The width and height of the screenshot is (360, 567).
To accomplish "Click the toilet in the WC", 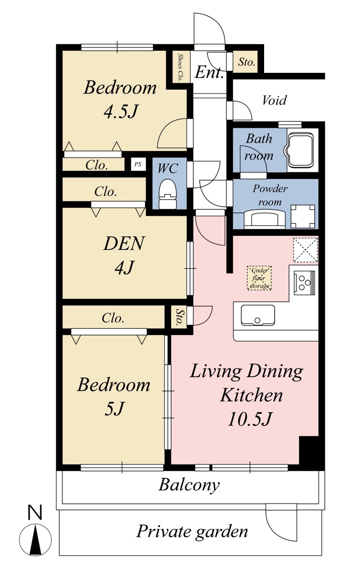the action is click(x=167, y=194).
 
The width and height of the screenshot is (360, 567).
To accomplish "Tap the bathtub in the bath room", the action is click(x=300, y=151).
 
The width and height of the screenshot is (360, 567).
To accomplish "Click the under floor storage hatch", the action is click(x=259, y=278).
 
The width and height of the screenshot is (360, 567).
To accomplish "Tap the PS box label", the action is click(x=138, y=164).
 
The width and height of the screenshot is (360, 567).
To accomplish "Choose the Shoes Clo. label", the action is click(x=180, y=67).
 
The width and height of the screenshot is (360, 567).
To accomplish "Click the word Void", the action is click(x=274, y=100).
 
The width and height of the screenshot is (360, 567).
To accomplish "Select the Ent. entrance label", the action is click(x=209, y=73).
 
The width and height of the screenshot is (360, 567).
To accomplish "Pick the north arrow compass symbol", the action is click(x=35, y=539).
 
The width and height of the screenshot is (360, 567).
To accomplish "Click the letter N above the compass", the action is click(x=35, y=512).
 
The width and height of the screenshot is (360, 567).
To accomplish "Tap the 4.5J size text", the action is click(x=121, y=112).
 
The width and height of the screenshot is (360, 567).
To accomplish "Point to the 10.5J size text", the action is click(x=250, y=419).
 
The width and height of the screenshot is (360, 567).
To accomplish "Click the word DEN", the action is click(x=124, y=243).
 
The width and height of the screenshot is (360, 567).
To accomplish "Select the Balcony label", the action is click(x=189, y=485).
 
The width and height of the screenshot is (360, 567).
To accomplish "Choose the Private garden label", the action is click(x=192, y=532).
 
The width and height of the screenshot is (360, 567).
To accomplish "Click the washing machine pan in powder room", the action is click(x=303, y=216).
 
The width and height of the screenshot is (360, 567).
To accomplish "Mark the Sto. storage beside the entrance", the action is click(x=246, y=62).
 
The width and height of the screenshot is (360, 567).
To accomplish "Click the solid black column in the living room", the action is click(x=309, y=451).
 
